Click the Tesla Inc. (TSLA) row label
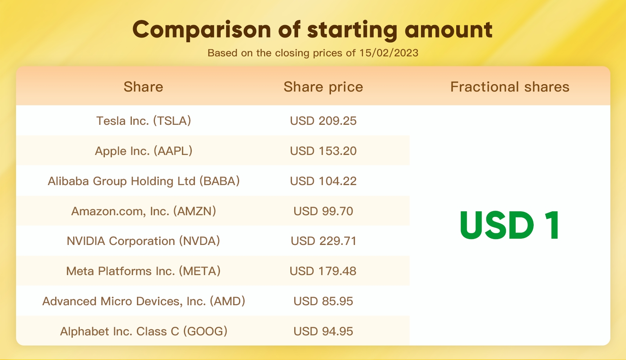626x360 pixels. [x=144, y=121]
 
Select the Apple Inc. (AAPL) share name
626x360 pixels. [x=144, y=151]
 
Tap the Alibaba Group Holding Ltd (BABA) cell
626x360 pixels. [x=144, y=181]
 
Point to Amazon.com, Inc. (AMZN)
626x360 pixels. [x=144, y=211]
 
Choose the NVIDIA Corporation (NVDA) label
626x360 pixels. [x=143, y=241]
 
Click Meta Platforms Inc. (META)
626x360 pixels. [x=143, y=271]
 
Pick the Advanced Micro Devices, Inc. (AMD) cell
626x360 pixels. [x=144, y=301]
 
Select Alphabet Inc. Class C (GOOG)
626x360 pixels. [x=144, y=331]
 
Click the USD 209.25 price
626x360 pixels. [x=323, y=121]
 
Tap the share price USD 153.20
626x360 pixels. [x=323, y=151]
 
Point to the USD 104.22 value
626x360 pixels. [x=323, y=181]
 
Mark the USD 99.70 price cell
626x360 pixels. [x=323, y=211]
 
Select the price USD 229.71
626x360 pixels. [x=324, y=241]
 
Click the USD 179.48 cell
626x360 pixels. [x=323, y=271]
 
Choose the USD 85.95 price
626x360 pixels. [x=323, y=301]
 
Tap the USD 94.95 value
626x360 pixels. [x=323, y=331]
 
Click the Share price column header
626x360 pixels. [x=323, y=87]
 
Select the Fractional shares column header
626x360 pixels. [x=510, y=86]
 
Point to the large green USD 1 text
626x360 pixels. [x=510, y=225]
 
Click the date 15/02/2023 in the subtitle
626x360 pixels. [x=389, y=53]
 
